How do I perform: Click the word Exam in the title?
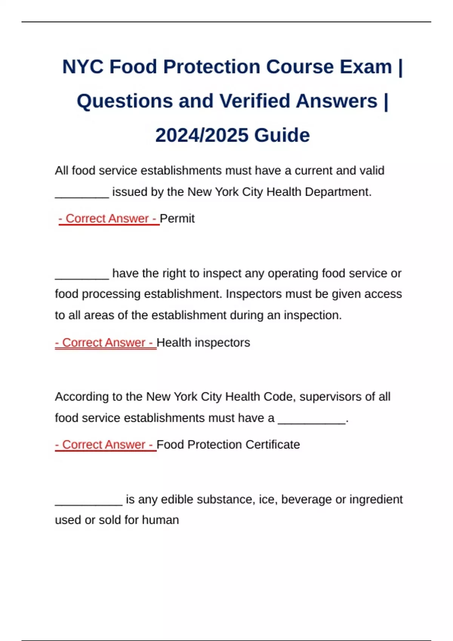(366, 67)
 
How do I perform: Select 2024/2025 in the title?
(202, 135)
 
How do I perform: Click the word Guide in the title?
(282, 135)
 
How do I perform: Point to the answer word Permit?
(177, 218)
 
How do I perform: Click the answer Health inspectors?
(203, 342)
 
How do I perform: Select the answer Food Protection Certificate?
(228, 445)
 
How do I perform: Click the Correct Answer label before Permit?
(109, 218)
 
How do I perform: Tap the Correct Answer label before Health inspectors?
(105, 342)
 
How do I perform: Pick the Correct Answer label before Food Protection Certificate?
(105, 445)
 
